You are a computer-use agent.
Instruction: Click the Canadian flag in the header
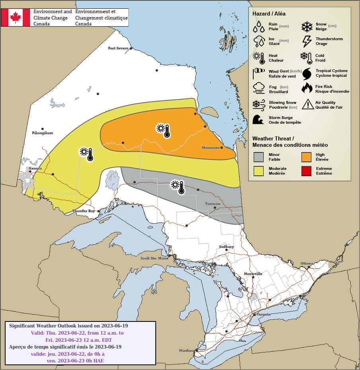pyautogui.click(x=16, y=17)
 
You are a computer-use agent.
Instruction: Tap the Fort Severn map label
pyautogui.click(x=118, y=48)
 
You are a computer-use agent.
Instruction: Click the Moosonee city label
pyautogui.click(x=211, y=148)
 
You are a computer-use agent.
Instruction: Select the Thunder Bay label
pyautogui.click(x=84, y=211)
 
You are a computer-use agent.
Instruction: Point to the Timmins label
pyautogui.click(x=212, y=204)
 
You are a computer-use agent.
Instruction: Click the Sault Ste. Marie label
pyautogui.click(x=155, y=258)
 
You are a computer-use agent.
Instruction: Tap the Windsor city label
pyautogui.click(x=186, y=351)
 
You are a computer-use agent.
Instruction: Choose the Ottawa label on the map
pyautogui.click(x=307, y=263)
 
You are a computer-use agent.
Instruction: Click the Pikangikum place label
pyautogui.click(x=42, y=133)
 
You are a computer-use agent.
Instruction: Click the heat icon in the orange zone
pyautogui.click(x=163, y=130)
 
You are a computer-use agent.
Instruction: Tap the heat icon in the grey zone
pyautogui.click(x=178, y=187)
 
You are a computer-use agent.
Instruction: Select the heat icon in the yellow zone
pyautogui.click(x=86, y=154)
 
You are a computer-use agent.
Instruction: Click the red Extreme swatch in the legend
pyautogui.click(x=306, y=171)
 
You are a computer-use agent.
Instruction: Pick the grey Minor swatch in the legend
pyautogui.click(x=259, y=157)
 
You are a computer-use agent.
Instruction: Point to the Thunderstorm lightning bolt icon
pyautogui.click(x=307, y=41)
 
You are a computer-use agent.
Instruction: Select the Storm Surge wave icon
pyautogui.click(x=259, y=120)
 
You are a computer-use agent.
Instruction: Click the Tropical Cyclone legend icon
pyautogui.click(x=307, y=73)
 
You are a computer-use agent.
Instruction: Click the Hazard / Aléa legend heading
pyautogui.click(x=269, y=14)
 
